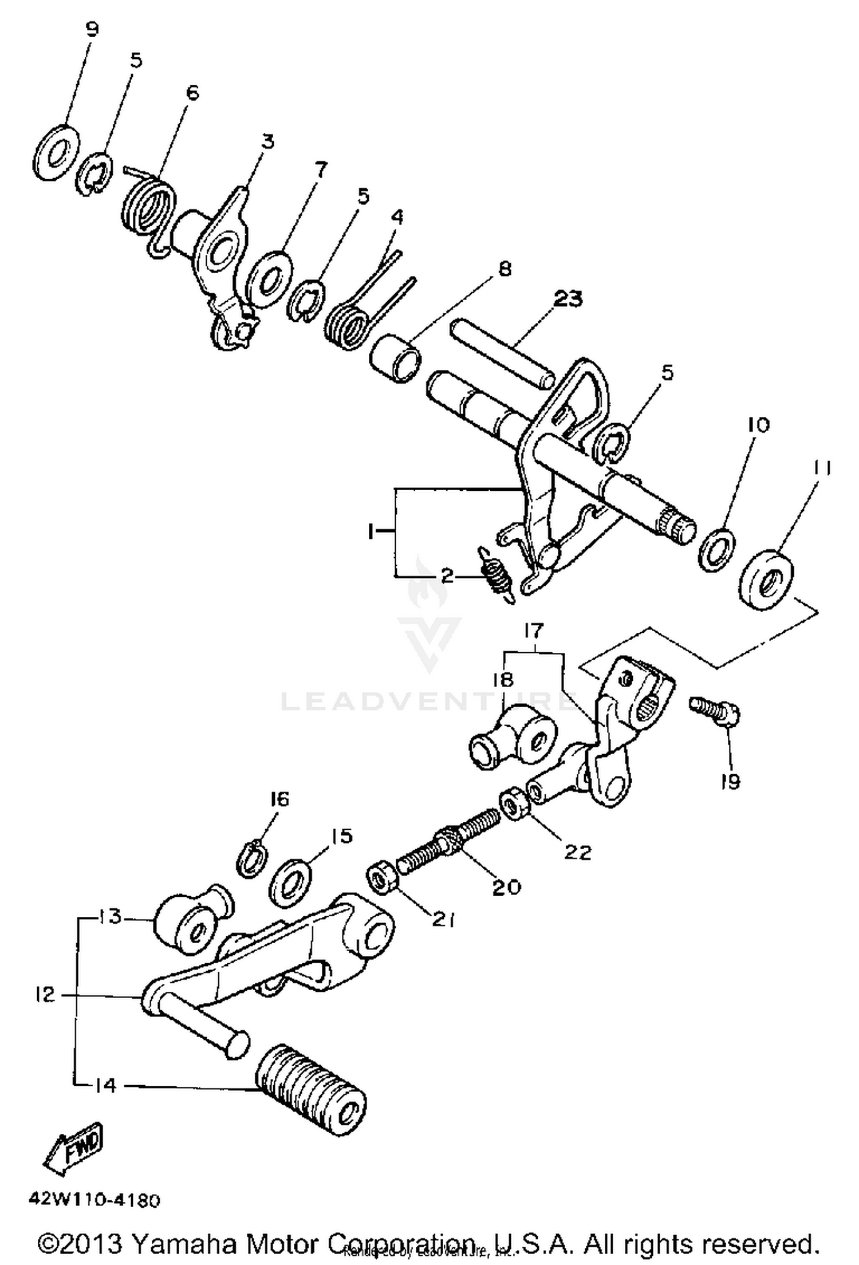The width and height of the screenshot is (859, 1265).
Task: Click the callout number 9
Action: [x=92, y=30]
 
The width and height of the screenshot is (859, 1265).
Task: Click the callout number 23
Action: [x=567, y=299]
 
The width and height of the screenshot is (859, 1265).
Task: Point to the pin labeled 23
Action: [x=503, y=354]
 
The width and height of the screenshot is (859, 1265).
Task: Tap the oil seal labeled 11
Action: [x=767, y=580]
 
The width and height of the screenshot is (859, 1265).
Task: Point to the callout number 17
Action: [x=533, y=631]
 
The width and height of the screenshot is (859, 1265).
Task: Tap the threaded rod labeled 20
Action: [x=448, y=843]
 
